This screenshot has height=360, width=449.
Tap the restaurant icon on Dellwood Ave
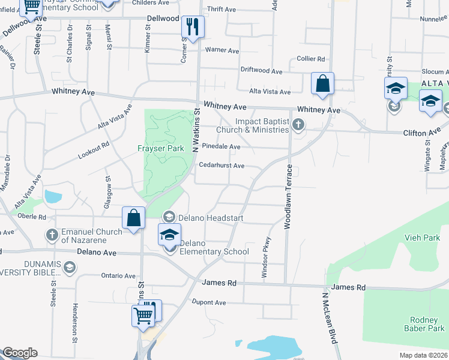pyautogui.click(x=193, y=27)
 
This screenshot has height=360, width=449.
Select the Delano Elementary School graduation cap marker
pyautogui.click(x=170, y=235)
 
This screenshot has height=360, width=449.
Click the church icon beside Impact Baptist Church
pyautogui.click(x=299, y=125)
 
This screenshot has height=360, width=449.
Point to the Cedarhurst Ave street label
pyautogui.click(x=221, y=166)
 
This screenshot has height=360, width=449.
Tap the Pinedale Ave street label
pyautogui.click(x=221, y=146)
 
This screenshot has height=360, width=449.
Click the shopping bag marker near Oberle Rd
pyautogui.click(x=134, y=218)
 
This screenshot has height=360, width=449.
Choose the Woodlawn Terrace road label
pyautogui.click(x=288, y=196)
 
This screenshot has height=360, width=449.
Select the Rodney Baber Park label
pyautogui.click(x=427, y=324)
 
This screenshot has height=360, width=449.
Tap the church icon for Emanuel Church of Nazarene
pyautogui.click(x=52, y=233)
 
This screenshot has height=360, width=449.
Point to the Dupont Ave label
pyautogui.click(x=208, y=302)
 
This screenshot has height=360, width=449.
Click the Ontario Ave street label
pyautogui.click(x=118, y=275)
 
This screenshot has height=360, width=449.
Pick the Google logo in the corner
pyautogui.click(x=20, y=353)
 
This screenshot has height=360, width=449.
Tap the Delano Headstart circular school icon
pyautogui.click(x=169, y=217)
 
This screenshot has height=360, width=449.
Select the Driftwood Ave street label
pyautogui.click(x=261, y=71)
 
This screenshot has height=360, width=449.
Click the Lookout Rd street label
pyautogui.click(x=94, y=150)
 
